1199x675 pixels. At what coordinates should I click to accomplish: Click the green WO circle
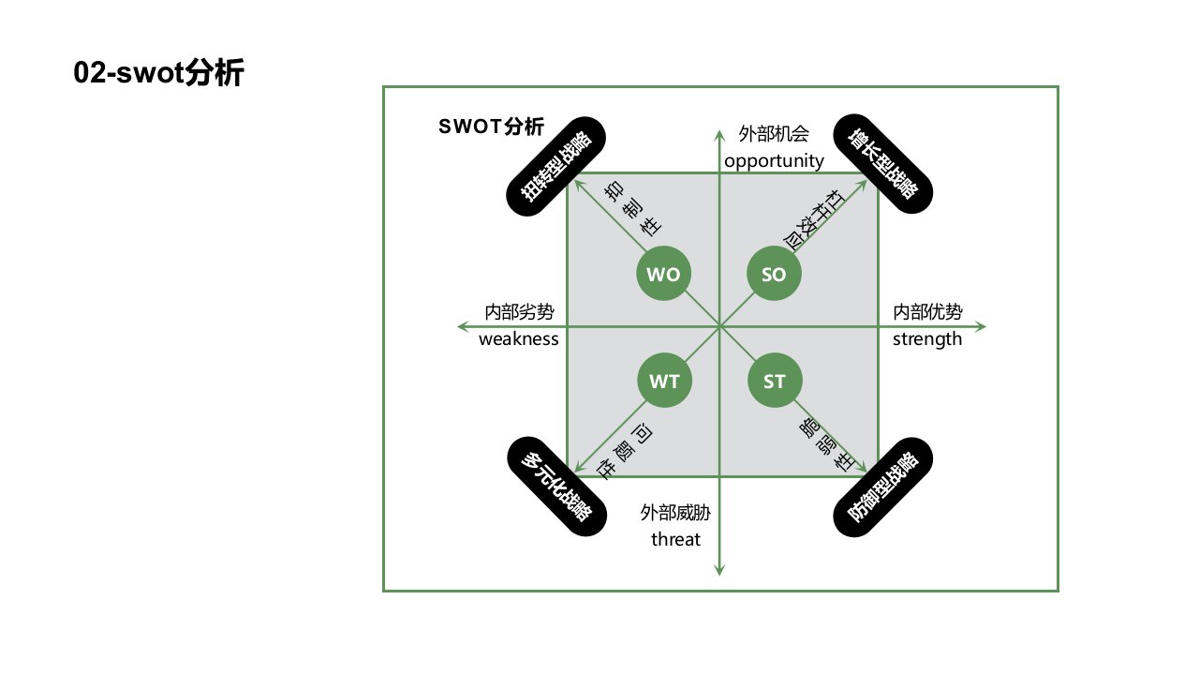pos(664,275)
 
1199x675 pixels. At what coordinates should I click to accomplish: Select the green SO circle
pos(774,275)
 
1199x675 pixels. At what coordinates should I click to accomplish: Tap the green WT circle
pos(664,382)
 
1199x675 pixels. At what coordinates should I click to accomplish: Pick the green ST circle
pos(774,382)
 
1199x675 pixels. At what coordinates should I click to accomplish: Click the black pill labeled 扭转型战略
pos(556,166)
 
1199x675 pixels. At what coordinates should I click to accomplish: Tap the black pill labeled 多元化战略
pos(556,487)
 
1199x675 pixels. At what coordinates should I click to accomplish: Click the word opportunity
pos(774,160)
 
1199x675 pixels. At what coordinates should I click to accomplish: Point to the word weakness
pos(518,338)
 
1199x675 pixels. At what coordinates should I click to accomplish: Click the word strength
pos(927,338)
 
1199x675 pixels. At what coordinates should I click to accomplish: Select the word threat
pos(675,539)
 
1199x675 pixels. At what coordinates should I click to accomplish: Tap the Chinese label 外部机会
pos(774,133)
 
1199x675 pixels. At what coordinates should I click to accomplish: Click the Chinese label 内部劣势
pos(519,312)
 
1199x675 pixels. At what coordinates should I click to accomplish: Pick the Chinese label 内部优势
pos(927,312)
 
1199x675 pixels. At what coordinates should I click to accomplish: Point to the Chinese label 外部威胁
pos(675,513)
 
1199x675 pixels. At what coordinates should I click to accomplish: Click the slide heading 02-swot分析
pos(158,73)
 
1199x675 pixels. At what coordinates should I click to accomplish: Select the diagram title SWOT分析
pos(491,127)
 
